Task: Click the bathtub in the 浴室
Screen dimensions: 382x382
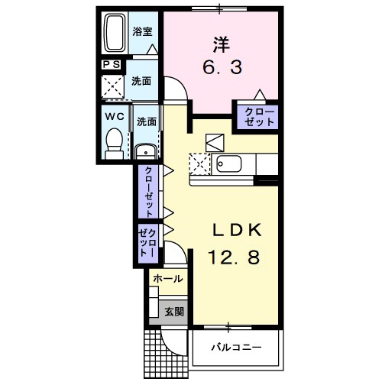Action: click(x=115, y=33)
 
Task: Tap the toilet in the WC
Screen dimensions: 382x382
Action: click(x=115, y=143)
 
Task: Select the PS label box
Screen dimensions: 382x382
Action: click(x=112, y=64)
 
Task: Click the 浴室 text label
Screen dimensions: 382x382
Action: click(x=142, y=31)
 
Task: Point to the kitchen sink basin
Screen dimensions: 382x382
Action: click(x=228, y=163)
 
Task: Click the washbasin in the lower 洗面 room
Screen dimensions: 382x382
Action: click(x=145, y=152)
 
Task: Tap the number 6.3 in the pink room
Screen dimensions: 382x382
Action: click(x=222, y=67)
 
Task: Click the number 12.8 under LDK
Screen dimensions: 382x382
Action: click(x=234, y=257)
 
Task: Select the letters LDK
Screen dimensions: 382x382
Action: click(x=237, y=230)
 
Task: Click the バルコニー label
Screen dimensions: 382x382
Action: click(x=236, y=347)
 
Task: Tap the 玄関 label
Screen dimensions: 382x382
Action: click(x=174, y=311)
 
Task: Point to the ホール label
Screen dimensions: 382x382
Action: click(x=168, y=279)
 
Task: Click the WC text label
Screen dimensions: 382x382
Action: click(x=115, y=117)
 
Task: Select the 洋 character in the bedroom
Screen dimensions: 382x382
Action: click(x=221, y=44)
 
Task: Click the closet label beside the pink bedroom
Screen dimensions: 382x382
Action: click(x=259, y=117)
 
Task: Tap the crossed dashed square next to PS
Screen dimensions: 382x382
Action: click(x=113, y=86)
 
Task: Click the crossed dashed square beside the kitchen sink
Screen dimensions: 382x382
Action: click(x=199, y=164)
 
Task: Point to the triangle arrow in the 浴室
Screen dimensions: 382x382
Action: click(x=152, y=49)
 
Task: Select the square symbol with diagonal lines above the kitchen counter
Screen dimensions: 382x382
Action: click(x=215, y=143)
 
